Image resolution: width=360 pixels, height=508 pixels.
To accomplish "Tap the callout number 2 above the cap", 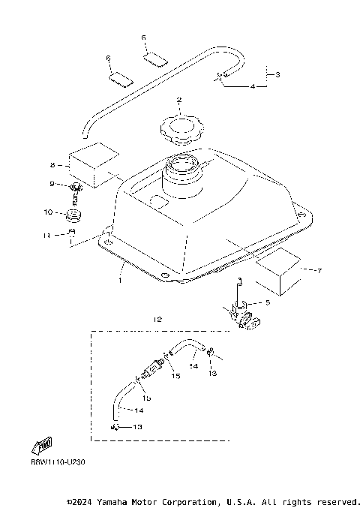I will click(179, 100).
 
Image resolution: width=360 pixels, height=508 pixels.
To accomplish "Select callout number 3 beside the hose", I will click(278, 75).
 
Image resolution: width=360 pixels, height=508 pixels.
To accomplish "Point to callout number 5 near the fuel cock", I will click(267, 302).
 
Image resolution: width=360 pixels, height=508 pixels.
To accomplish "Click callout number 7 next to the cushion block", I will click(320, 269).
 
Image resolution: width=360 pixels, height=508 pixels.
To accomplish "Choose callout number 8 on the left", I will click(52, 164).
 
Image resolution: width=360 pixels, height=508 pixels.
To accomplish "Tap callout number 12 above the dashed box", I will click(157, 319).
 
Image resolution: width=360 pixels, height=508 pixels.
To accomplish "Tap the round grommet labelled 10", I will click(74, 218).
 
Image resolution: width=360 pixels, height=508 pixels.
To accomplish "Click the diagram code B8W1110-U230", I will click(58, 462).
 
